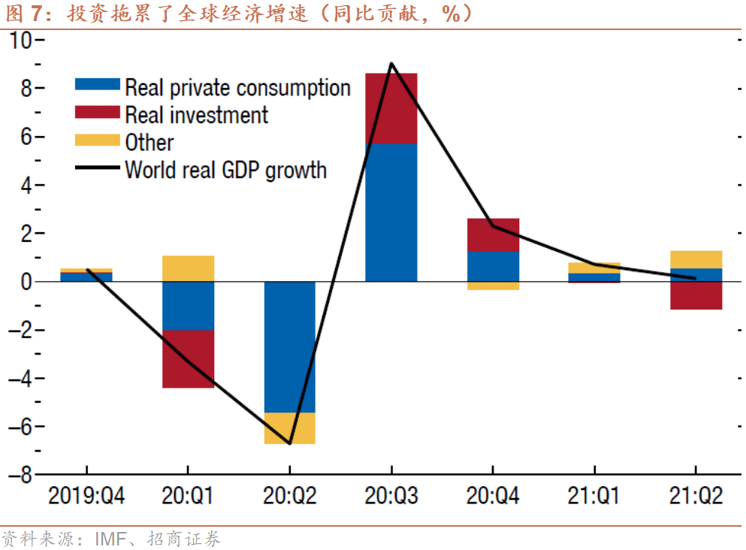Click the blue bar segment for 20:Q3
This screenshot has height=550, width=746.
coord(391,212)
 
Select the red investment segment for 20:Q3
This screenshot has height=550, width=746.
coord(391,108)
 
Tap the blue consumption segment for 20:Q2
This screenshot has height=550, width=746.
coord(289,346)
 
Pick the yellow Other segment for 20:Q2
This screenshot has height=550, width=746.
coord(289,428)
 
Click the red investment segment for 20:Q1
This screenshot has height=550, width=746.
coord(188,358)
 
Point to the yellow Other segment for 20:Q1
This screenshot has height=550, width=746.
coord(188,268)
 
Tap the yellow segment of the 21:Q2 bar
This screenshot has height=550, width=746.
coord(696,259)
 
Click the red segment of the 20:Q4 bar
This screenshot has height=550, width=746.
coord(493,235)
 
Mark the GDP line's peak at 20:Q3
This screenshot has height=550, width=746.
coord(391,64)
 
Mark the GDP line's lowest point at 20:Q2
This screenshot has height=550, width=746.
coord(290,443)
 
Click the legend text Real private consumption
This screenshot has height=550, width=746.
coord(237,88)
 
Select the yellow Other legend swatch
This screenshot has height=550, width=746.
coord(98,141)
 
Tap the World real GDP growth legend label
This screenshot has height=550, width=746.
coord(225,169)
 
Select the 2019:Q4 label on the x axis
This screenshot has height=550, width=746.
coord(86,496)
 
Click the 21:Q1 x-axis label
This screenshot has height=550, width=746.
coord(594,496)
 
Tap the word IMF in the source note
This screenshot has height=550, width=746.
coord(109,539)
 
